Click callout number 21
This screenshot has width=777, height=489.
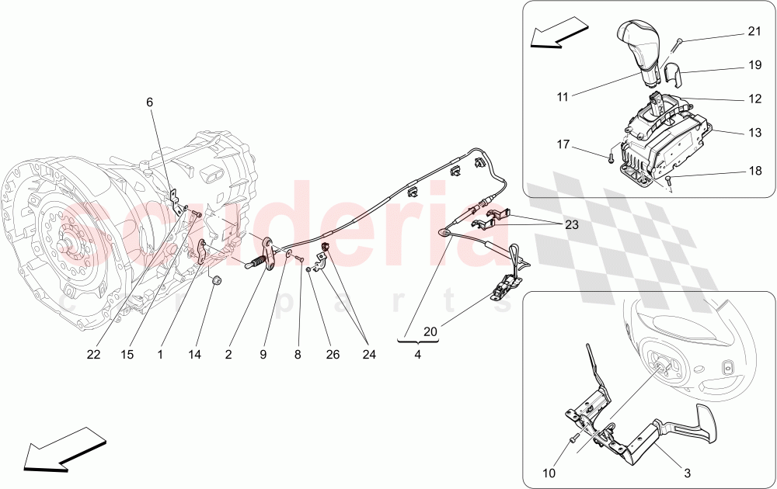[x=754, y=32]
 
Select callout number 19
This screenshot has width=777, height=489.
[x=754, y=66]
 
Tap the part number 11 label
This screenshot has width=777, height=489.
[x=563, y=97]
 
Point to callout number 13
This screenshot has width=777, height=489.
[x=754, y=133]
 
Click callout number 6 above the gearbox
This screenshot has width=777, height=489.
[x=149, y=102]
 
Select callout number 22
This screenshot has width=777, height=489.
[x=94, y=354]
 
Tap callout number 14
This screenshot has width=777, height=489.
[x=195, y=354]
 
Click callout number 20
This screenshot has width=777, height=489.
[x=429, y=331]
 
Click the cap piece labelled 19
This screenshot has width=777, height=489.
[x=673, y=75]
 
